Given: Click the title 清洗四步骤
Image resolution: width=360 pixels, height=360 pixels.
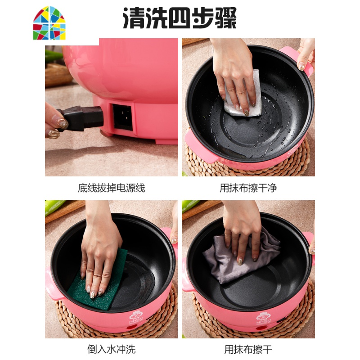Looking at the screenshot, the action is click(180, 18).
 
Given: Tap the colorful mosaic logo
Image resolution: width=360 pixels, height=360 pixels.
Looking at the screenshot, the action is click(49, 23).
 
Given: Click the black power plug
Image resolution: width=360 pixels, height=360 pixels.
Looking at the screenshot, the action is click(81, 118).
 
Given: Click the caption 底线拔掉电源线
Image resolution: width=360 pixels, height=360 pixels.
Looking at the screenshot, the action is click(111, 188).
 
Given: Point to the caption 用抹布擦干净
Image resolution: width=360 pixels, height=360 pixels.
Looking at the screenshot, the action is click(248, 188).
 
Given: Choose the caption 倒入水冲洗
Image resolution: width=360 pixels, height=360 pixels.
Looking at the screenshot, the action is click(111, 349).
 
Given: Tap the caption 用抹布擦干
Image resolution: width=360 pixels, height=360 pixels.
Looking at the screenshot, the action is click(248, 349).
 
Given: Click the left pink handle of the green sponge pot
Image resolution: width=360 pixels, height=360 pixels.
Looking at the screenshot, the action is click(52, 284).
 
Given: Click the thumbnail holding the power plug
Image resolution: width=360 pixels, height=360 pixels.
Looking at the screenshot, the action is click(63, 124).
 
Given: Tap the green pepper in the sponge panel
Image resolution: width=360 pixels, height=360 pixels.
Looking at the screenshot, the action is click(54, 207).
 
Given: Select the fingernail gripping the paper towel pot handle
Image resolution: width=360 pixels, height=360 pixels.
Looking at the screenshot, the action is click(301, 67).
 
